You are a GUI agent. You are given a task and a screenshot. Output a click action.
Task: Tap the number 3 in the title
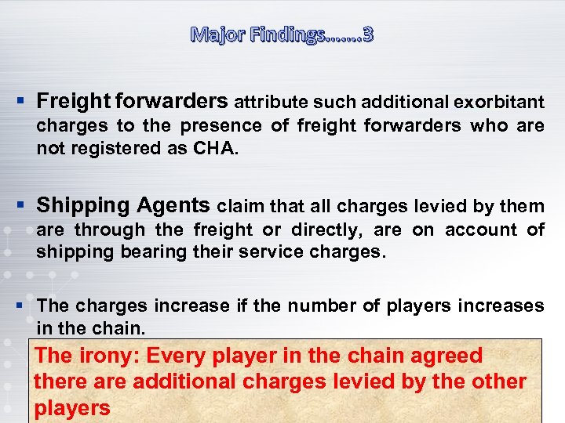367,34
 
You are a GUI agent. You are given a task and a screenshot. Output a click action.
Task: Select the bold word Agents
173,206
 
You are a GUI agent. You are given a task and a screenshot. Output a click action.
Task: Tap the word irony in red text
109,356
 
